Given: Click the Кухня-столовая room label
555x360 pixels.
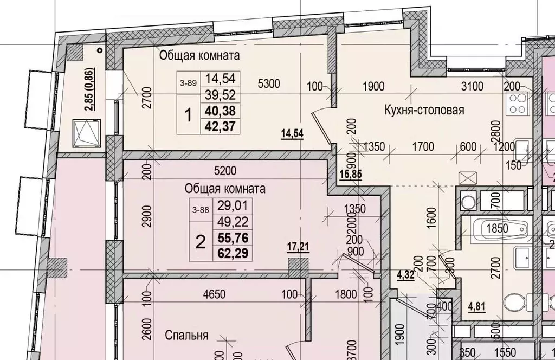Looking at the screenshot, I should click(x=424, y=111).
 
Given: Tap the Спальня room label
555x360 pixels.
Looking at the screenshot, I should click(x=186, y=335).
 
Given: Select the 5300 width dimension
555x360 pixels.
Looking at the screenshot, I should click(x=269, y=83).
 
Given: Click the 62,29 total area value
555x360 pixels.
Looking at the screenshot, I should click(x=228, y=252).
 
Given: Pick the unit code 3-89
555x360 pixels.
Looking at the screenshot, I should click(x=188, y=83).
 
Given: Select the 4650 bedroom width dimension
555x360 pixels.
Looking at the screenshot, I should click(x=215, y=295).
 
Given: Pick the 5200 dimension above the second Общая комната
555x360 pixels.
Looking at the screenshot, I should click(x=225, y=171).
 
